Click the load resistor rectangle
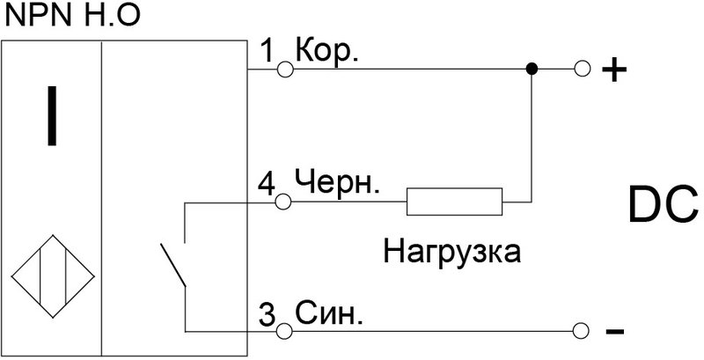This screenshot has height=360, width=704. click(x=454, y=202)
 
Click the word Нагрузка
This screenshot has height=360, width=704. click(x=451, y=253)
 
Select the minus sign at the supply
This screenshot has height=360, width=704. click(x=615, y=333)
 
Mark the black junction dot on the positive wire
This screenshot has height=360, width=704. click(x=531, y=68)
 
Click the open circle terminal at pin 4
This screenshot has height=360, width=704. click(x=284, y=202)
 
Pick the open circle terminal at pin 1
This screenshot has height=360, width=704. click(x=284, y=68)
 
